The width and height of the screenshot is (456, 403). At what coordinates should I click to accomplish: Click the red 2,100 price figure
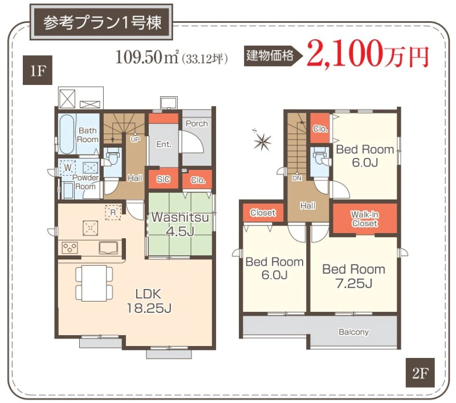(x=343, y=53)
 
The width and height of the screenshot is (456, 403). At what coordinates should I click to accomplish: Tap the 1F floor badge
(x=38, y=70)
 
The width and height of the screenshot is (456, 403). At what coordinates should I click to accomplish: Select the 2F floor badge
(x=420, y=373)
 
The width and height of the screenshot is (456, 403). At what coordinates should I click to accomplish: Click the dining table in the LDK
(x=94, y=283)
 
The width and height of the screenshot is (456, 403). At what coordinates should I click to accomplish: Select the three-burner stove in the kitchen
(x=70, y=248)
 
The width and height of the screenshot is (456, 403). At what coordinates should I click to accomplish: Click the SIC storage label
(x=163, y=179)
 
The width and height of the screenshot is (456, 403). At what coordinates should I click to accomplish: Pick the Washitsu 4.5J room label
(x=180, y=224)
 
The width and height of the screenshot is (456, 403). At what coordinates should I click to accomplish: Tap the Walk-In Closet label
(x=365, y=219)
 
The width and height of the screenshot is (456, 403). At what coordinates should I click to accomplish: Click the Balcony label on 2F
(x=353, y=332)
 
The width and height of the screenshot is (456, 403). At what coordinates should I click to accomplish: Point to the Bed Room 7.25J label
(x=353, y=276)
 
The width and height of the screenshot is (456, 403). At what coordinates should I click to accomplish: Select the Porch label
(x=197, y=124)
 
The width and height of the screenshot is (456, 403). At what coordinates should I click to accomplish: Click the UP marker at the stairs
(x=135, y=140)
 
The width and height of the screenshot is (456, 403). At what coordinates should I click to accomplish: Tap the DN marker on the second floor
(x=297, y=178)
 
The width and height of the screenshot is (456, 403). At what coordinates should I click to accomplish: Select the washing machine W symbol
(x=67, y=168)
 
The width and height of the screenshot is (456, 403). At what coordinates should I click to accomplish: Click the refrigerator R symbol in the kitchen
(x=113, y=213)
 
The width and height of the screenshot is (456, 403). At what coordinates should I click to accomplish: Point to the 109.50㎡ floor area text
(x=147, y=56)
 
